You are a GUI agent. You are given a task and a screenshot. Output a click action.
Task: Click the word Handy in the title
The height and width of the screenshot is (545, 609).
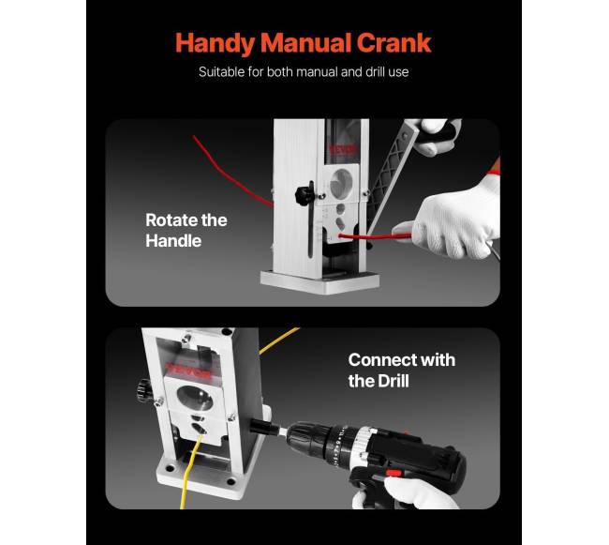[x=215, y=43]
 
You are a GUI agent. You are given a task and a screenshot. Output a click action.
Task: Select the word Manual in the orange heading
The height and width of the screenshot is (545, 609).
[x=305, y=43]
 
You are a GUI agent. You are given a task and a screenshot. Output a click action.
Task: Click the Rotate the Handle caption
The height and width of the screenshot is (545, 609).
[x=186, y=231]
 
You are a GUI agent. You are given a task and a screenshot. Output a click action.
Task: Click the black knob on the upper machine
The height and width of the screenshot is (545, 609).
[x=304, y=193]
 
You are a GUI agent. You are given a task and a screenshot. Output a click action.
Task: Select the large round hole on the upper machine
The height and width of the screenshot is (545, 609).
[x=341, y=183]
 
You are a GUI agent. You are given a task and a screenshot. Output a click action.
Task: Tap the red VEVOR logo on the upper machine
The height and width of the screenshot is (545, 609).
[x=343, y=149]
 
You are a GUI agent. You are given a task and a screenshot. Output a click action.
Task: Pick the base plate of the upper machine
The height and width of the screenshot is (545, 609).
[x=319, y=281]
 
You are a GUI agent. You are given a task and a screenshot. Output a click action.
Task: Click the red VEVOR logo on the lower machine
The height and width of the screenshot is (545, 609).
[x=188, y=370]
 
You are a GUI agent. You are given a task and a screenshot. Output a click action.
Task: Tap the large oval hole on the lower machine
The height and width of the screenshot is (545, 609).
[x=195, y=398]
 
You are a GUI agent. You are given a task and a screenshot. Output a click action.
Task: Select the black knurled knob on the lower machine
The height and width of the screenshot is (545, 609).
[x=144, y=390]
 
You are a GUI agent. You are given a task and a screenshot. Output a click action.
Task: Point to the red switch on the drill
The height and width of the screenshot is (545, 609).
[x=394, y=474]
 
